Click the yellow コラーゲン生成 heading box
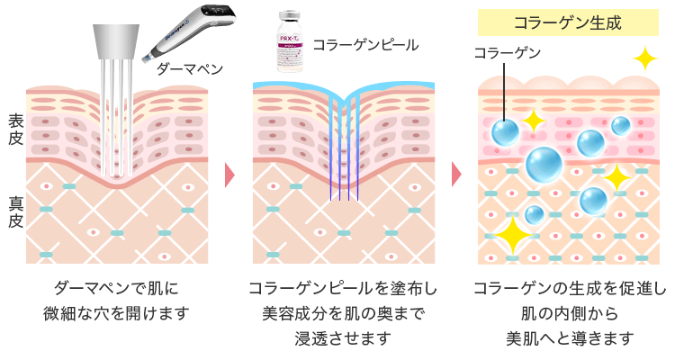[x=564, y=21]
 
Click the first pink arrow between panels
[x=229, y=173]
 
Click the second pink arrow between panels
[x=457, y=173]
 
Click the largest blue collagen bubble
[x=544, y=165]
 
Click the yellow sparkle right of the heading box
[x=644, y=58]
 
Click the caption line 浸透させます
[x=343, y=337]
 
